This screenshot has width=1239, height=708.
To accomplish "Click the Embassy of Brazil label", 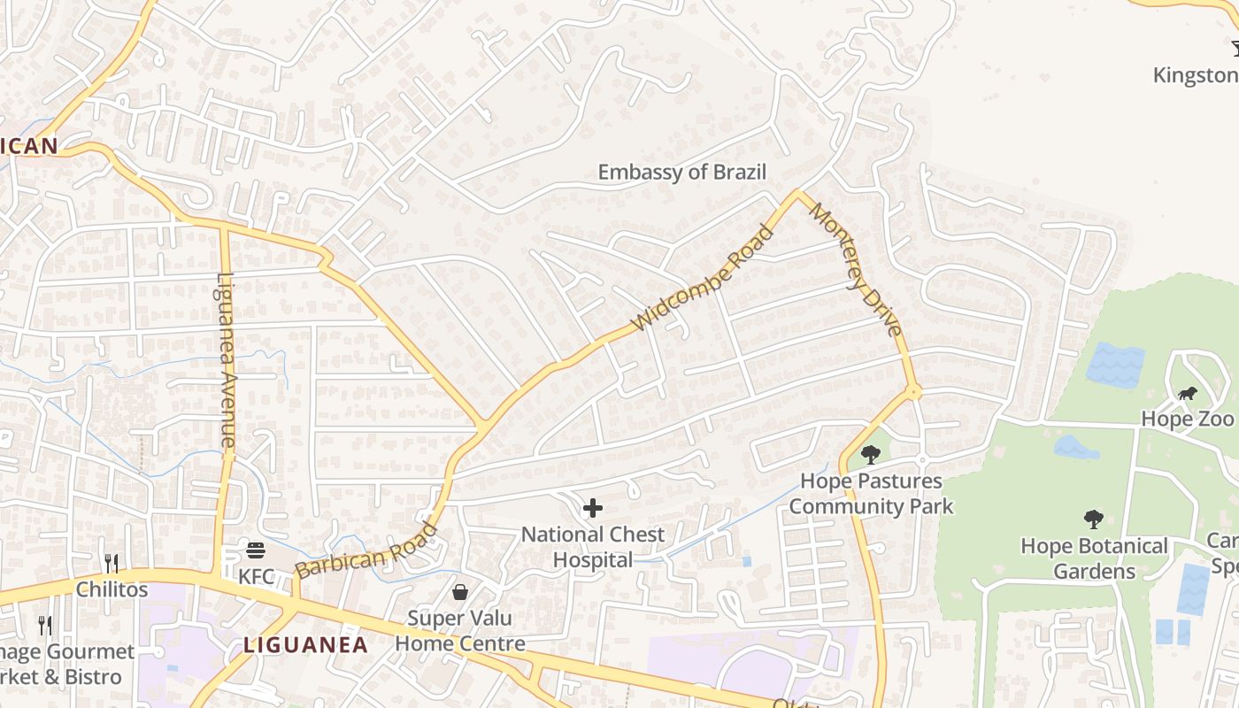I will [681, 173].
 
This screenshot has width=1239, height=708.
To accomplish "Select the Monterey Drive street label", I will [856, 270].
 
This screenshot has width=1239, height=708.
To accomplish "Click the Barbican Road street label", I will [366, 551].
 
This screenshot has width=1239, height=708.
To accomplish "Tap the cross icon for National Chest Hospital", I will [593, 508].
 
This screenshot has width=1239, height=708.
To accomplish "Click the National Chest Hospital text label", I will [592, 547].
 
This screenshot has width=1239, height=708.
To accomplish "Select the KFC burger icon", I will [256, 550].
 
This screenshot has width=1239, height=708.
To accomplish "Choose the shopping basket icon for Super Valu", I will [460, 591].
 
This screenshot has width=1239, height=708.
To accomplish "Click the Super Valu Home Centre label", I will [460, 630].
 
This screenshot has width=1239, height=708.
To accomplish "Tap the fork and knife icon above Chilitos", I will [112, 563].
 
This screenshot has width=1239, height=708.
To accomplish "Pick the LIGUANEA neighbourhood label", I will [305, 645].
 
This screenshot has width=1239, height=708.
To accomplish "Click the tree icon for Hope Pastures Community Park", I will [871, 455].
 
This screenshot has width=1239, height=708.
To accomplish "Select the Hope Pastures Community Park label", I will [871, 494].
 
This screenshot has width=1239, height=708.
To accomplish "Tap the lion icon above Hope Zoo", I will [1187, 394].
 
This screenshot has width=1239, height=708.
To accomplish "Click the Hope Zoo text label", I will [1187, 419].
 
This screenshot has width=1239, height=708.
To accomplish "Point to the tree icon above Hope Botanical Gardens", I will [1094, 519].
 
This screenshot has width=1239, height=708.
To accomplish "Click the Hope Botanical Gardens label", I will [1094, 558].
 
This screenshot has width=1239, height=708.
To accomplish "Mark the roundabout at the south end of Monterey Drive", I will [913, 391].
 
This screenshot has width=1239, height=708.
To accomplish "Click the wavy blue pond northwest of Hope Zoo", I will [1114, 365].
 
